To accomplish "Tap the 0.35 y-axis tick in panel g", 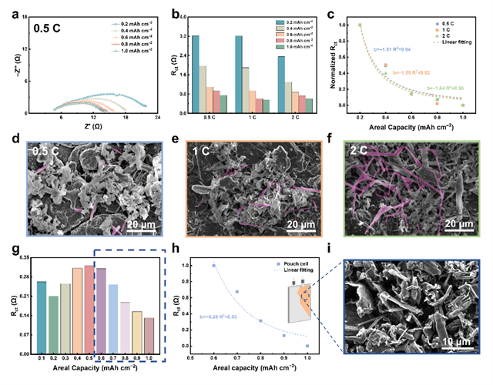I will click(x=22, y=258).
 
